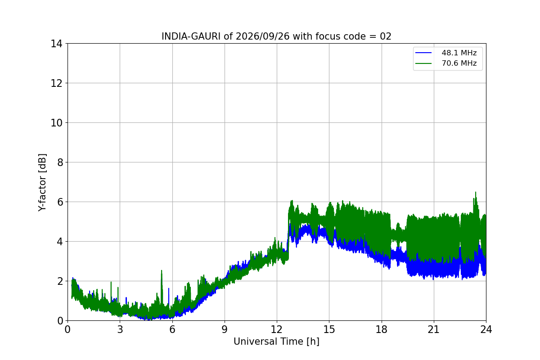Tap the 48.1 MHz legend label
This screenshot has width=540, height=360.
click(459, 53)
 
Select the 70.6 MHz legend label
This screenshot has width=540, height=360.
click(459, 63)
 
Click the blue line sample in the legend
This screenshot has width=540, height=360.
click(423, 53)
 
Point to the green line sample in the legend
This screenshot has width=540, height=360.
click(423, 63)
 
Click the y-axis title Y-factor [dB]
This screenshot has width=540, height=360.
click(42, 183)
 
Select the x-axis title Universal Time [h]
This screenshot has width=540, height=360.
click(276, 342)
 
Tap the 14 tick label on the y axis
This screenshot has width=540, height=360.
click(56, 44)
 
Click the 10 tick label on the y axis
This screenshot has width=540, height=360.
click(56, 123)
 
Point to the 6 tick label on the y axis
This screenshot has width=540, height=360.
click(60, 202)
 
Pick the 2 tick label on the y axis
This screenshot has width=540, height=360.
click(60, 281)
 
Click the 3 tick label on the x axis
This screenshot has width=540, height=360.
click(120, 329)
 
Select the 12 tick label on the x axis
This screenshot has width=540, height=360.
click(277, 329)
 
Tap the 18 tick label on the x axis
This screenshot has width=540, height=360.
click(382, 329)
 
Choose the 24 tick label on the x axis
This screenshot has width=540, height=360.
click(486, 329)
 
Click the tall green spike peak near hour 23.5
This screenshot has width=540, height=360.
click(476, 192)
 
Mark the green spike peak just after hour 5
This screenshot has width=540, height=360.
click(162, 270)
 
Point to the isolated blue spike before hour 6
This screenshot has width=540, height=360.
click(169, 288)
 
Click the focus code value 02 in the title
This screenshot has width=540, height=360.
click(386, 36)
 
